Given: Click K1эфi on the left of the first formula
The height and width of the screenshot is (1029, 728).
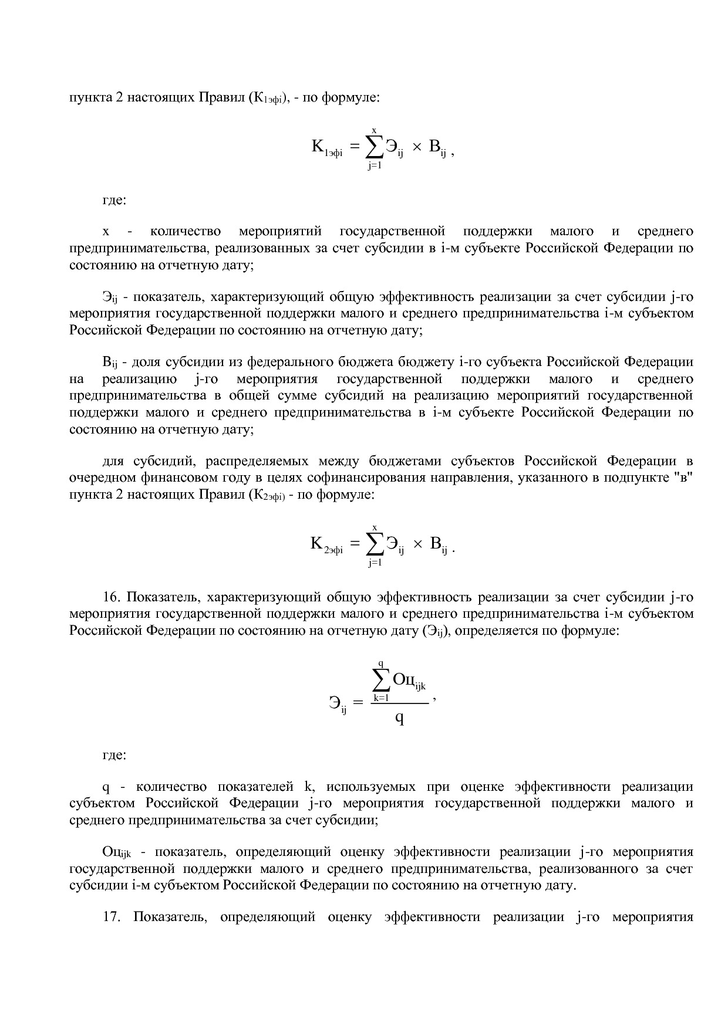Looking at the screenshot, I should [326, 147].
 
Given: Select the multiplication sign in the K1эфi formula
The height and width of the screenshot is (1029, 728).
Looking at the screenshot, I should [416, 148].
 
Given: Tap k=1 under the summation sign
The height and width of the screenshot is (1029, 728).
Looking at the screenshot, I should [381, 698].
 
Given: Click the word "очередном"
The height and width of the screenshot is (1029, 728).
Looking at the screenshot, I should [97, 478].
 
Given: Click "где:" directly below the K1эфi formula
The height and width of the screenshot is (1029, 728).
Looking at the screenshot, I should [114, 201].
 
